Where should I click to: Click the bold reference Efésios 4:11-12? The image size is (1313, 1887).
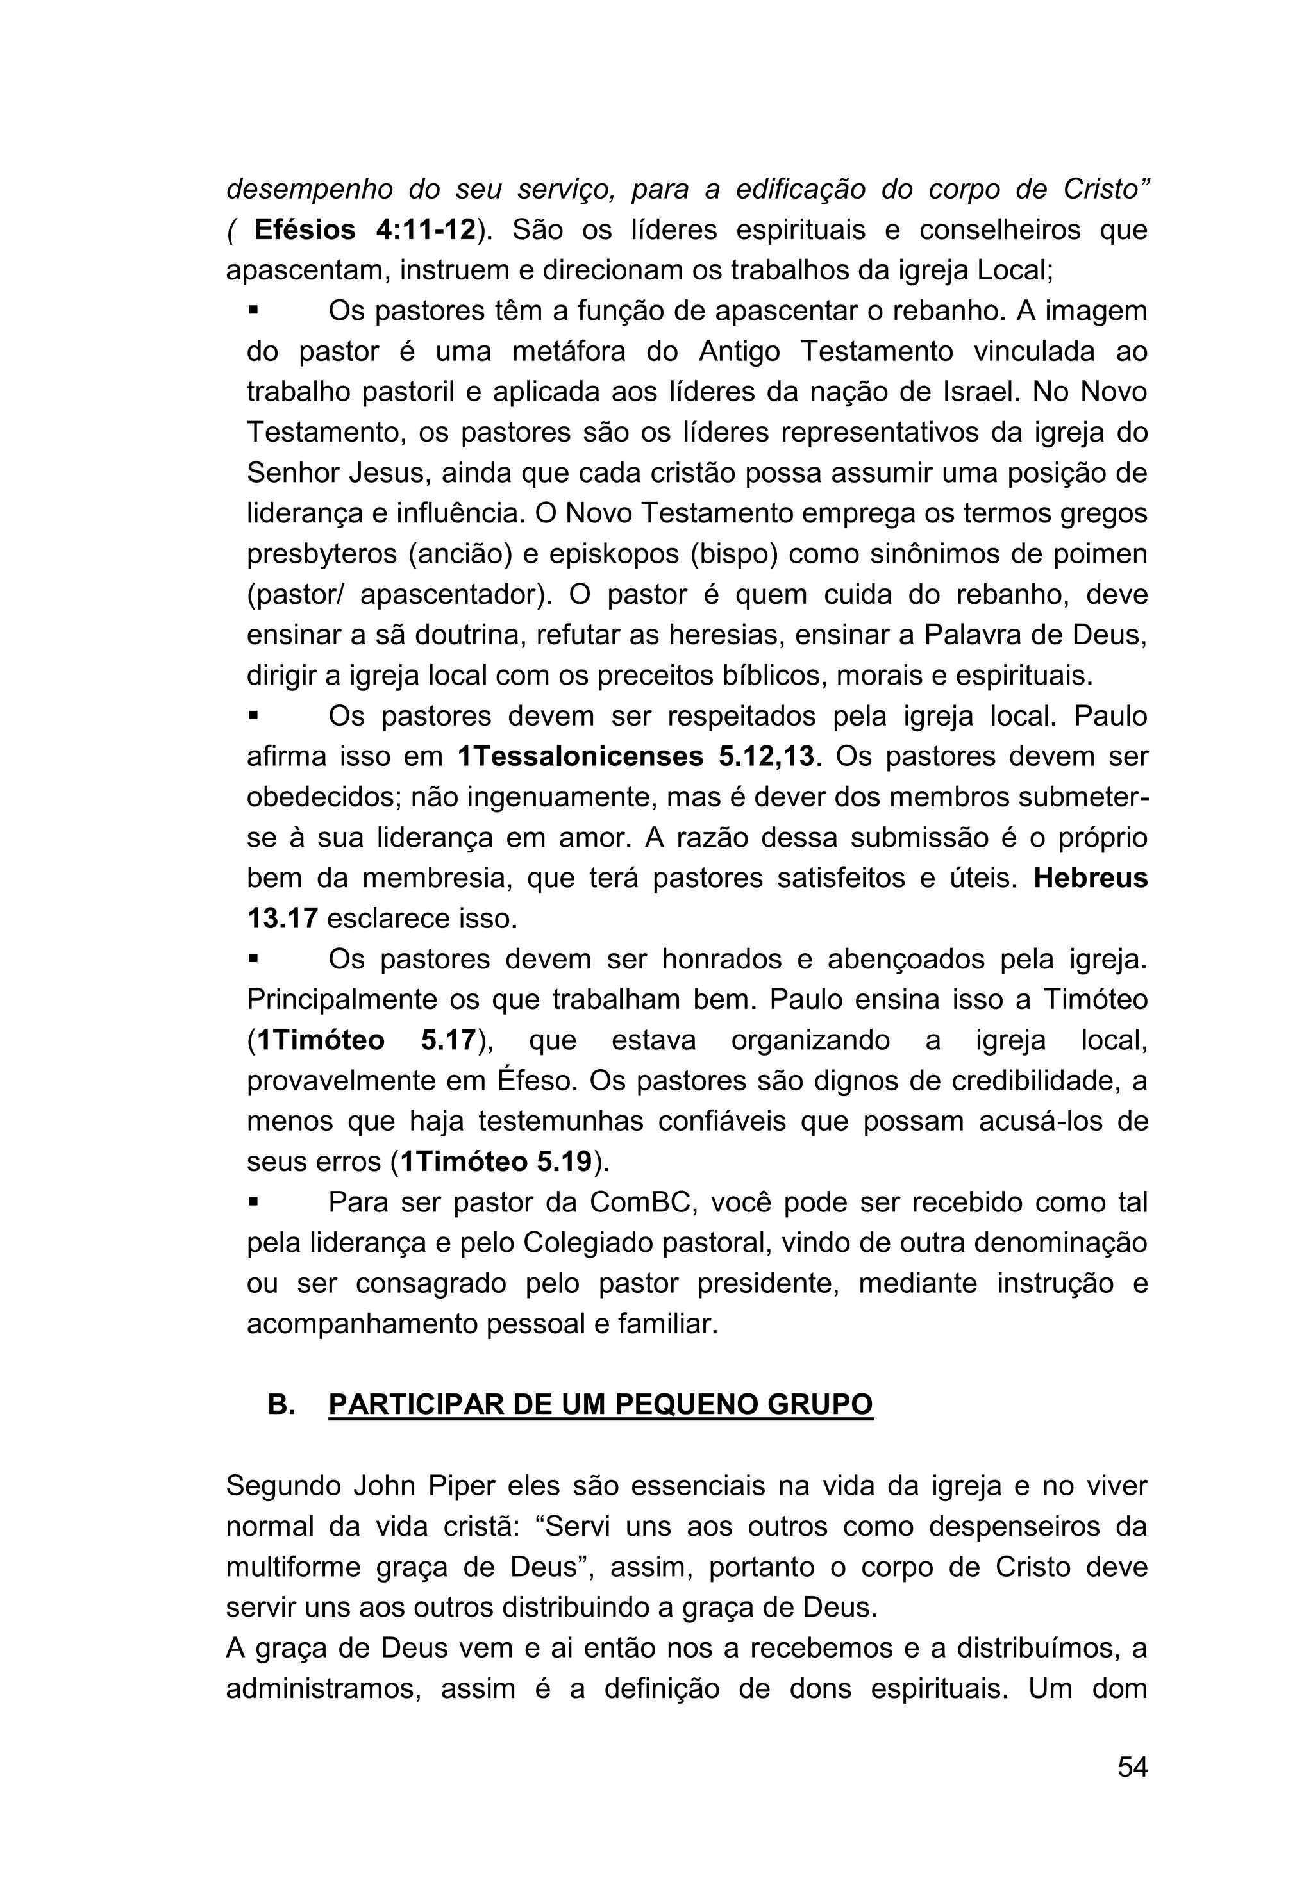click(365, 230)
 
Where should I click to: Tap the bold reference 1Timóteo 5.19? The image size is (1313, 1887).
click(492, 1161)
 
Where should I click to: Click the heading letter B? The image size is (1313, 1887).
click(281, 1404)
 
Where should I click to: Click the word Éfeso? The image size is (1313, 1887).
click(535, 1081)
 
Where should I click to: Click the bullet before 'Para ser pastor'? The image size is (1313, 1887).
click(254, 1202)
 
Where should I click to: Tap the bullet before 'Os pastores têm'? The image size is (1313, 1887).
click(254, 312)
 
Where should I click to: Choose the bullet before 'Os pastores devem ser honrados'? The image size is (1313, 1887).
click(254, 959)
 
